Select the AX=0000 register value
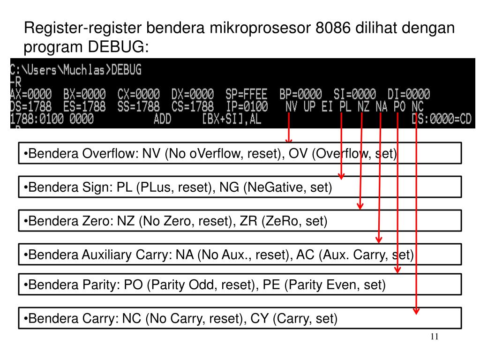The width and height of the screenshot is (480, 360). tap(31, 94)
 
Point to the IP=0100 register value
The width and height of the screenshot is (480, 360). tap(247, 107)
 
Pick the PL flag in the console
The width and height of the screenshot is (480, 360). tap(345, 107)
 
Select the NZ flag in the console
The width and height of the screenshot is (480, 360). tap(363, 107)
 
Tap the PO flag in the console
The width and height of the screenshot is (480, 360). tap(399, 107)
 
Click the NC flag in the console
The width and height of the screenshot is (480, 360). tap(417, 107)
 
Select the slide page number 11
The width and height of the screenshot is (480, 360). tap(434, 337)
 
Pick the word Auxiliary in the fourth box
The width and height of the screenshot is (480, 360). tap(108, 255)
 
